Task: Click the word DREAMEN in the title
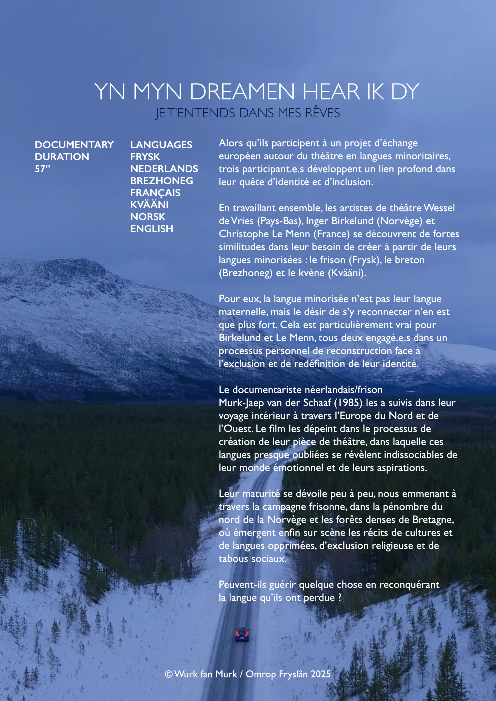pyautogui.click(x=242, y=91)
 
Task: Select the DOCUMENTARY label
pyautogui.click(x=74, y=145)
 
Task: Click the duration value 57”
pyautogui.click(x=42, y=169)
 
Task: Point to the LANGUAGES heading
pyautogui.click(x=161, y=145)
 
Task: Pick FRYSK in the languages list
pyautogui.click(x=145, y=157)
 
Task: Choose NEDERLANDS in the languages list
pyautogui.click(x=164, y=169)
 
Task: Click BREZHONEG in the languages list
pyautogui.click(x=162, y=181)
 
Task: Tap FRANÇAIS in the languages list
pyautogui.click(x=155, y=193)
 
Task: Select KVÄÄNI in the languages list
pyautogui.click(x=149, y=205)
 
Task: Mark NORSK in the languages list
pyautogui.click(x=148, y=217)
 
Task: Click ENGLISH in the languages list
pyautogui.click(x=152, y=229)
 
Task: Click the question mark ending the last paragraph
pyautogui.click(x=340, y=597)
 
